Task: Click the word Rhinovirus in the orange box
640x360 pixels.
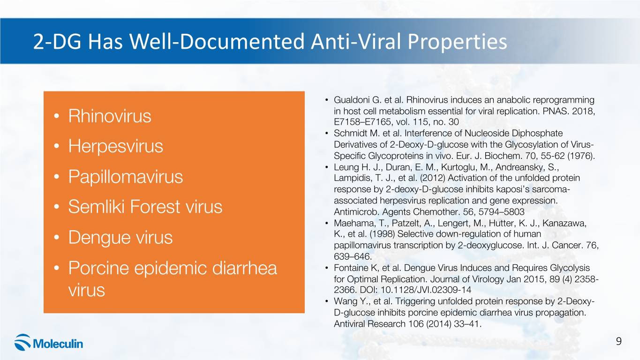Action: tap(110, 116)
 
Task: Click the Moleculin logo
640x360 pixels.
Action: tap(49, 343)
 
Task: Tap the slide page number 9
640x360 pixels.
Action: tap(619, 341)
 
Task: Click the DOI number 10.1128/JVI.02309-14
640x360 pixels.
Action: tap(426, 290)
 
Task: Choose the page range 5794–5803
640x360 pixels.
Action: tap(501, 212)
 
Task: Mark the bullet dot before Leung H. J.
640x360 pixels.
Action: tap(326, 167)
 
